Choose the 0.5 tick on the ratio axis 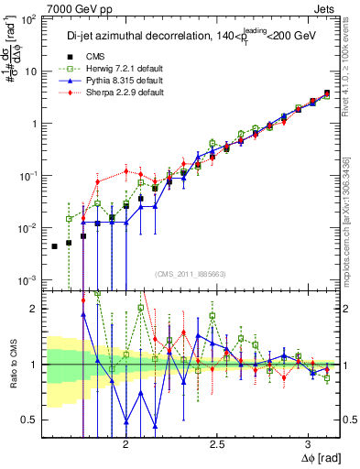(x=30, y=420)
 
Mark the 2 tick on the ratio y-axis (x=35, y=309)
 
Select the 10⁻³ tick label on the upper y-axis (x=28, y=279)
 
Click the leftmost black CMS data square (x=55, y=246)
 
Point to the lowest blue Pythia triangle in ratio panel (x=155, y=426)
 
